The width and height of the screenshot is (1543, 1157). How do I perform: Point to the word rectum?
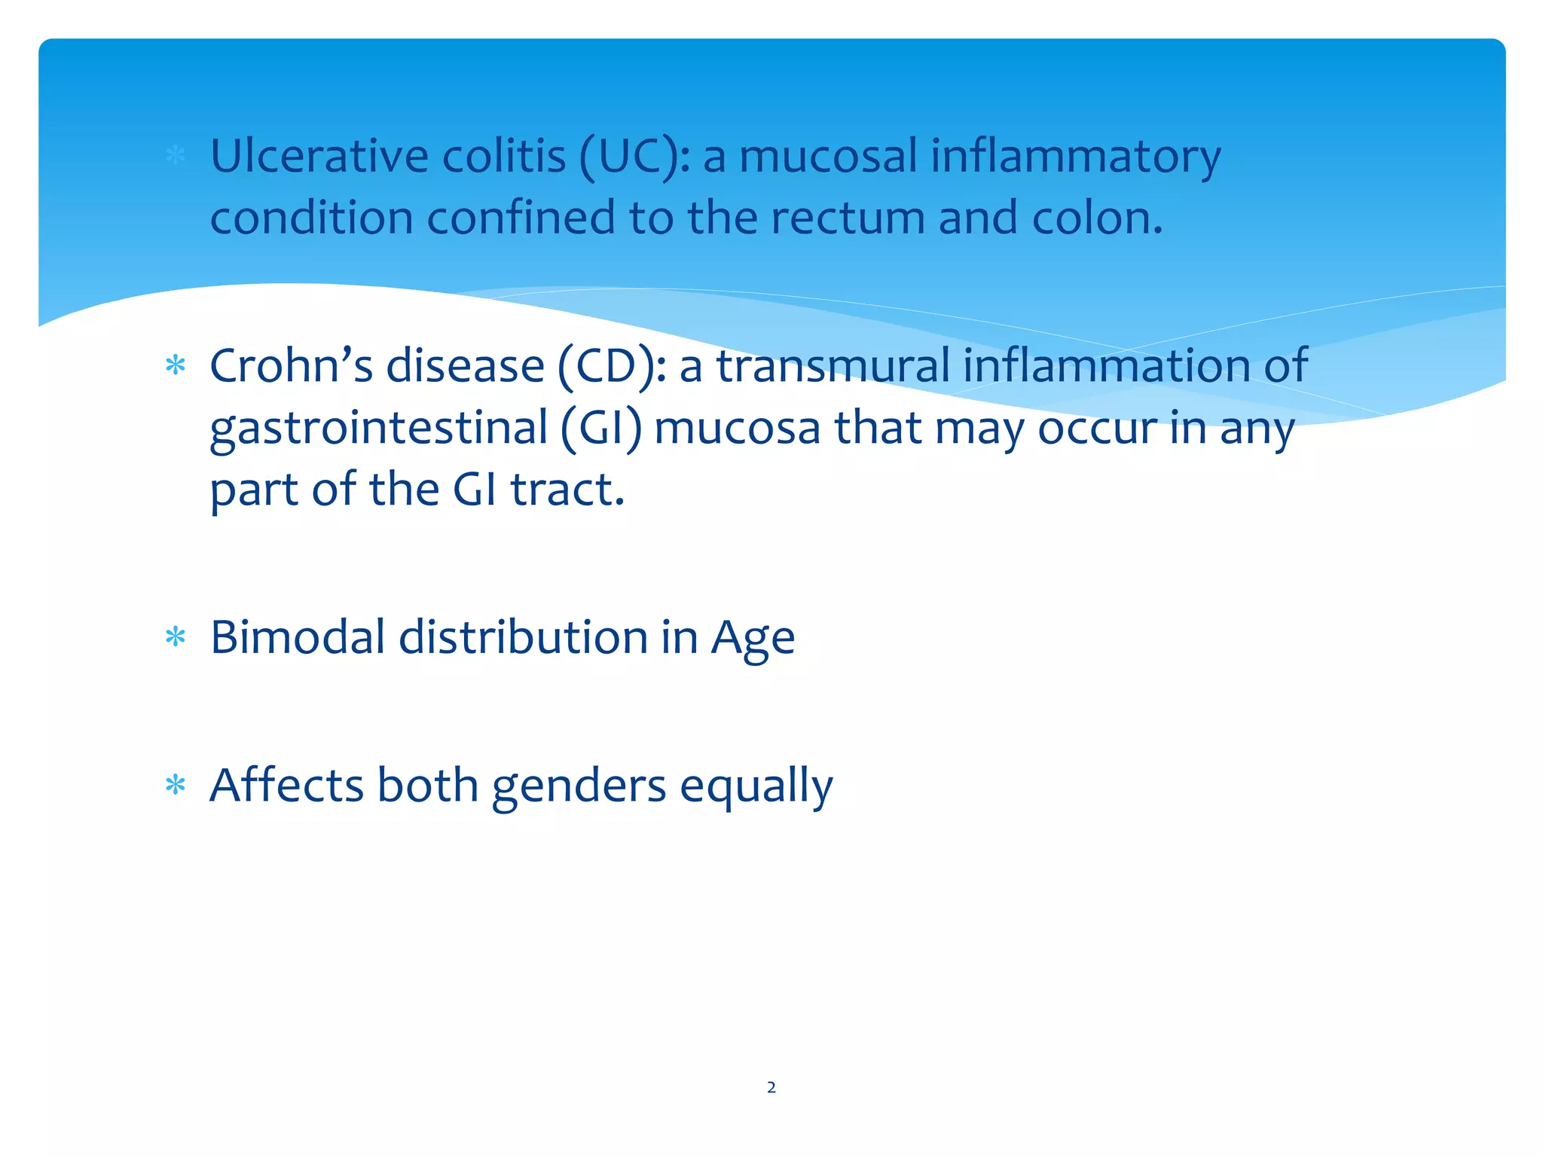click(848, 218)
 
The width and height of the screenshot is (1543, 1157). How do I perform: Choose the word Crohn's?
click(291, 366)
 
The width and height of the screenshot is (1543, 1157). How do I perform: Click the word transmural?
click(833, 366)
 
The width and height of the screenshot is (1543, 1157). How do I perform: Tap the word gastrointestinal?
click(378, 428)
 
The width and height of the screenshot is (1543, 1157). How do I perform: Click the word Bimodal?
click(298, 637)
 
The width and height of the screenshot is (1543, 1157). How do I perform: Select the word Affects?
click(286, 785)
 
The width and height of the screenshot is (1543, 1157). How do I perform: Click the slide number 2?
click(771, 1087)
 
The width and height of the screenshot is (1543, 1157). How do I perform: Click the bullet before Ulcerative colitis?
click(176, 156)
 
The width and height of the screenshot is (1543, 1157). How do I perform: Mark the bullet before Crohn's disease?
click(176, 366)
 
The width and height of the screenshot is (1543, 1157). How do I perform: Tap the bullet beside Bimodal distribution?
click(176, 637)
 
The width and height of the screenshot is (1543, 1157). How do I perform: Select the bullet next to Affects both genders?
click(176, 786)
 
